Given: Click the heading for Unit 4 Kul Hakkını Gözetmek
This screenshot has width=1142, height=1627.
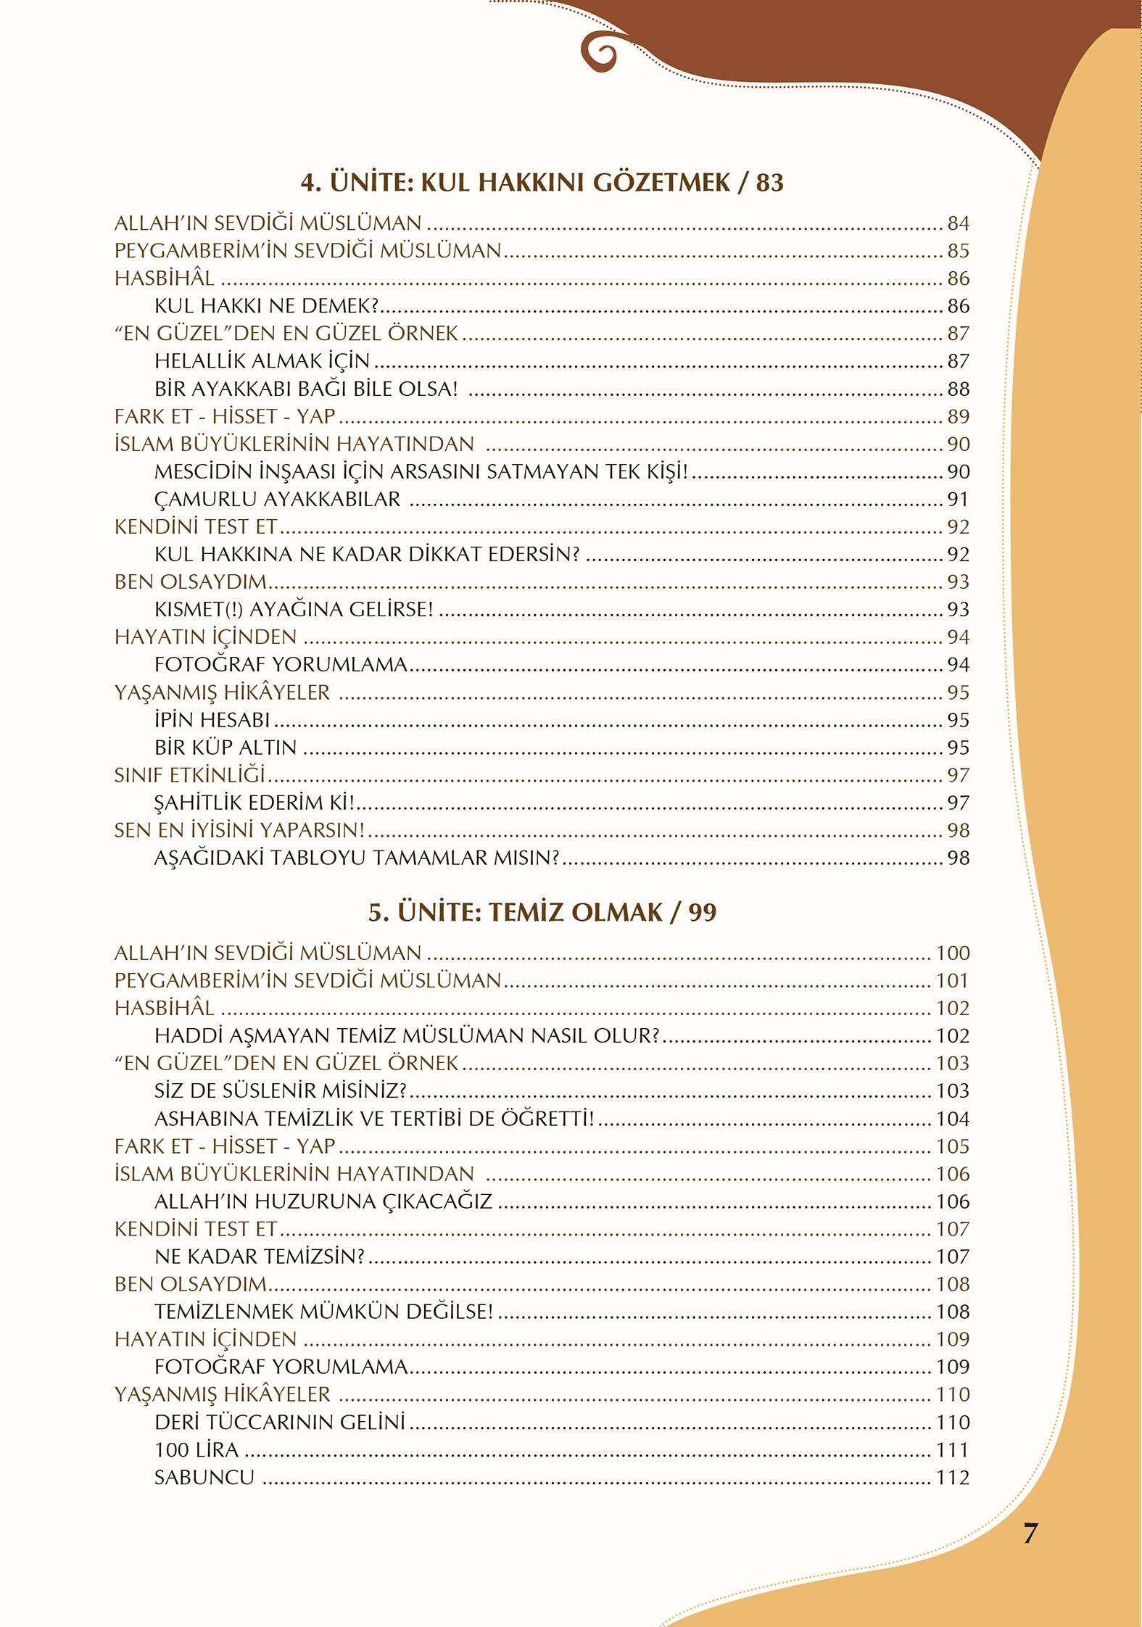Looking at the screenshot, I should (542, 182).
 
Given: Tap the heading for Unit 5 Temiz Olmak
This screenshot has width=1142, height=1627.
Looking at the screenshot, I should (542, 912).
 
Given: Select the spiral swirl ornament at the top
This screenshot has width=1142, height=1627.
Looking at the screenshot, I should (600, 52).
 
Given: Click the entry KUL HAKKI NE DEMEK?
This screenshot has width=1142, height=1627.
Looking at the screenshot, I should (267, 306).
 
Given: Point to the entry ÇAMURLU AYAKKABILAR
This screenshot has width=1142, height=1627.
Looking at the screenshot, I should (277, 499).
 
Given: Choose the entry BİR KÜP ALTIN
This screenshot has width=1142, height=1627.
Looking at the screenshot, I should (225, 748).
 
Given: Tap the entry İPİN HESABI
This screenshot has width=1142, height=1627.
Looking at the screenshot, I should (212, 720).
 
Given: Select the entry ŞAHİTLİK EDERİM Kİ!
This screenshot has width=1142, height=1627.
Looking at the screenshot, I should (255, 803).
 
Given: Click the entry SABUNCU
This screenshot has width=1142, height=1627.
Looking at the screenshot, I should (204, 1478).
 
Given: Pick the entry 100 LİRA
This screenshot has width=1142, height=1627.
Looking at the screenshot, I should (196, 1450).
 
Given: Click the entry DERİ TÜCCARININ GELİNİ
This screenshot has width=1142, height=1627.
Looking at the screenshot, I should (279, 1423).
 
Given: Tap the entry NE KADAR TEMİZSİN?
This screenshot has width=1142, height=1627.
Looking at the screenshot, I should (259, 1257).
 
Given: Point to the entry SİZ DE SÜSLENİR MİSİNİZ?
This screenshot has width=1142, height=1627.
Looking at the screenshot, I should (281, 1090).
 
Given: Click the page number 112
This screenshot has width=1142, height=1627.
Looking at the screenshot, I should (952, 1478).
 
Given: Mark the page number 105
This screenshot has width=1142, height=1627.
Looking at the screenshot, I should (952, 1146).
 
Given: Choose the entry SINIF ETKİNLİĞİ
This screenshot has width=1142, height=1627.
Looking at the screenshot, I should (190, 775).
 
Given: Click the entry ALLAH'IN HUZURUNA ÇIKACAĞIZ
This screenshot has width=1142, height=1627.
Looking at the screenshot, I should (323, 1201).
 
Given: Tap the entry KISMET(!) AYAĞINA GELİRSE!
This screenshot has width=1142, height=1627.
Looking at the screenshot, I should (294, 609).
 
